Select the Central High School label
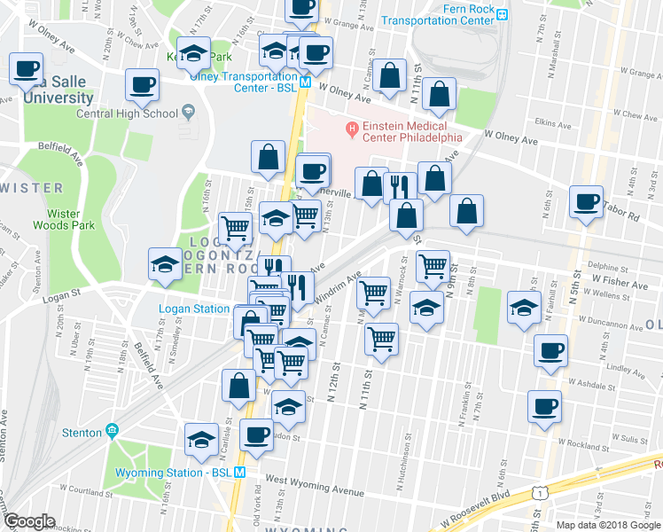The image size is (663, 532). click(x=127, y=113)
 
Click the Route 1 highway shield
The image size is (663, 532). click(x=538, y=491)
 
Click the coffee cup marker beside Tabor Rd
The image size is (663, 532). click(x=586, y=201)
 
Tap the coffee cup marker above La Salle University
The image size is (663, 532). click(x=27, y=68)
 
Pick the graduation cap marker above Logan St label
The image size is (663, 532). click(x=164, y=264)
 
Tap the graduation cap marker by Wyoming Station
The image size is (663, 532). click(x=201, y=439)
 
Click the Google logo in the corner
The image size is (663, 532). click(x=29, y=521)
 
